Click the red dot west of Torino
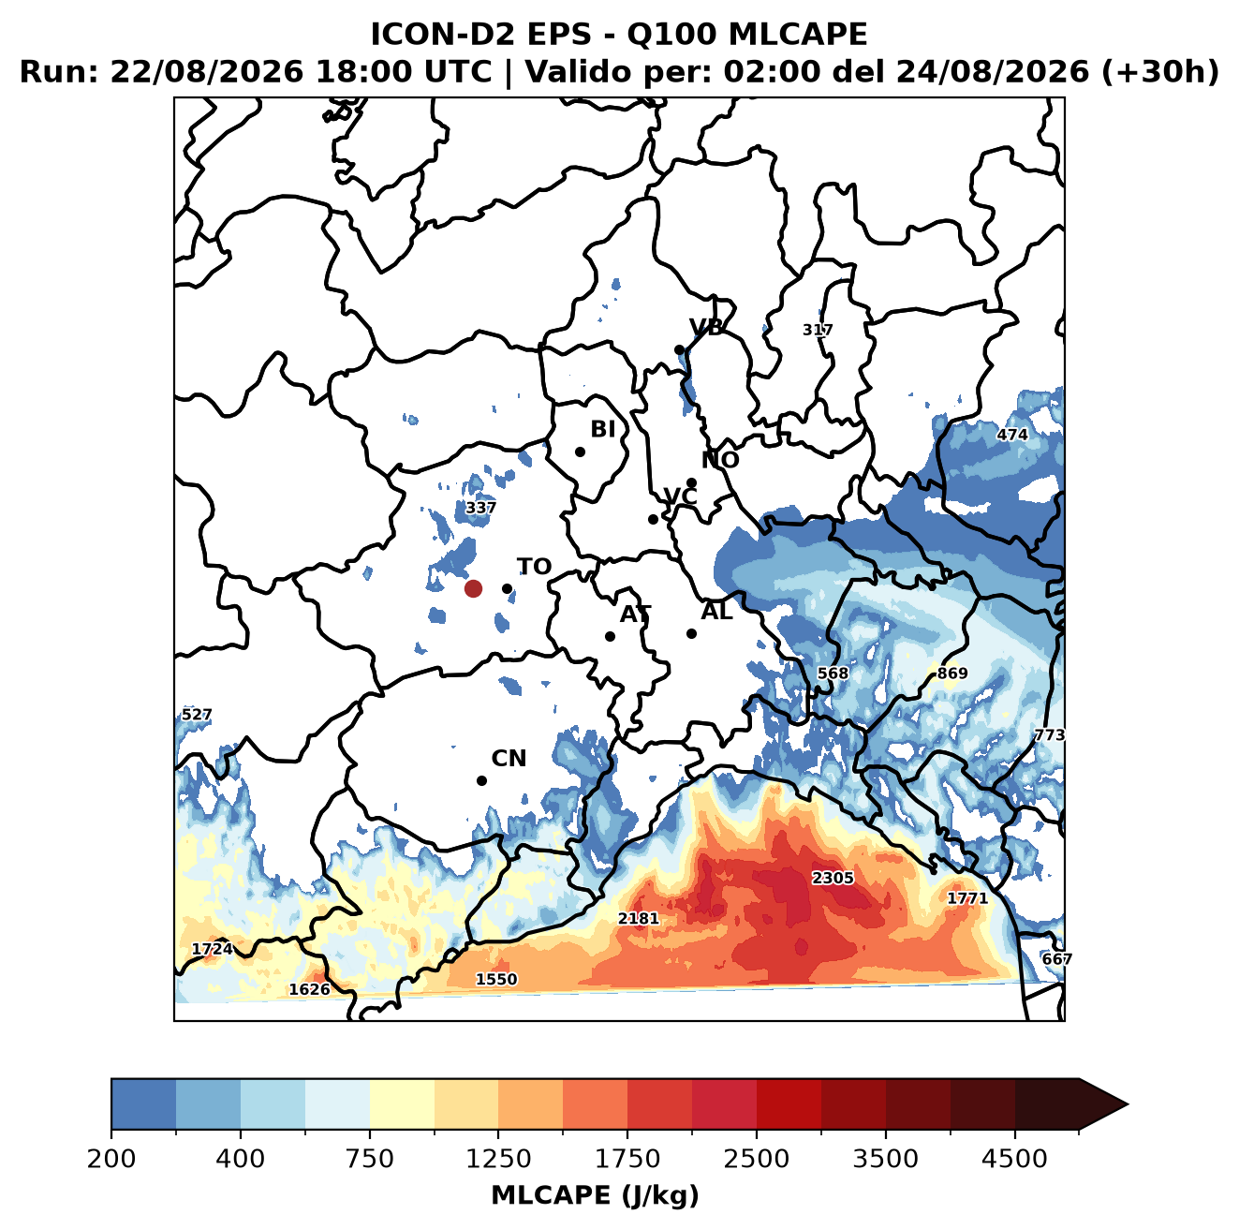tap(473, 588)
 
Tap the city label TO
tap(535, 567)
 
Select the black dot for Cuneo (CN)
tap(481, 780)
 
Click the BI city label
tap(602, 429)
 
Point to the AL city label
tap(716, 611)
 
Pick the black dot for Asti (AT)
tap(611, 636)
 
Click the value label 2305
tap(832, 878)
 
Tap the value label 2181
tap(638, 918)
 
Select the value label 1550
tap(495, 979)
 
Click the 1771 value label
tap(967, 897)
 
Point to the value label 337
tap(480, 508)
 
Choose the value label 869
tap(951, 674)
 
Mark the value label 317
tap(818, 330)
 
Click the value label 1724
tap(213, 949)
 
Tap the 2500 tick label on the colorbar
tap(756, 1159)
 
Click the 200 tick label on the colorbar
tap(111, 1159)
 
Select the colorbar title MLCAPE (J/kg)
tap(595, 1195)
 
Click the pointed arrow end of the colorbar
tap(1127, 1104)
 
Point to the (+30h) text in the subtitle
tap(1159, 72)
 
